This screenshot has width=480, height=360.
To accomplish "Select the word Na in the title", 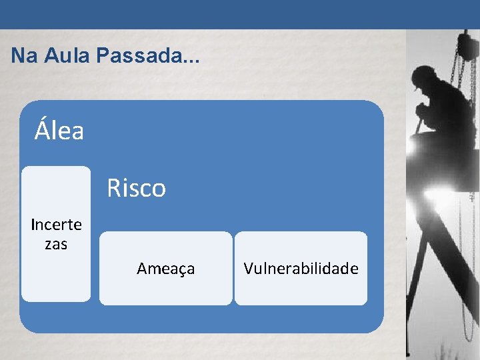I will click(24, 56).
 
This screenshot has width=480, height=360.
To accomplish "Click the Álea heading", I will click(59, 131).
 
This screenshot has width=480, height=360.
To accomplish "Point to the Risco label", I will click(136, 189).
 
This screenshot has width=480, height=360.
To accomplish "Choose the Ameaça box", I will click(166, 268).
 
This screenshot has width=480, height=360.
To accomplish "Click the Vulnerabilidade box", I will click(301, 268).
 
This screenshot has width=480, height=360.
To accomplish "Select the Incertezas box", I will click(56, 234).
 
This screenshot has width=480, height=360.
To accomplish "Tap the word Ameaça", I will click(166, 269).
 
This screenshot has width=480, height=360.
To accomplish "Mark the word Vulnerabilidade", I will click(301, 269).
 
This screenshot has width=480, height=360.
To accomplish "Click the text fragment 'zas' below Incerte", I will click(56, 245).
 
